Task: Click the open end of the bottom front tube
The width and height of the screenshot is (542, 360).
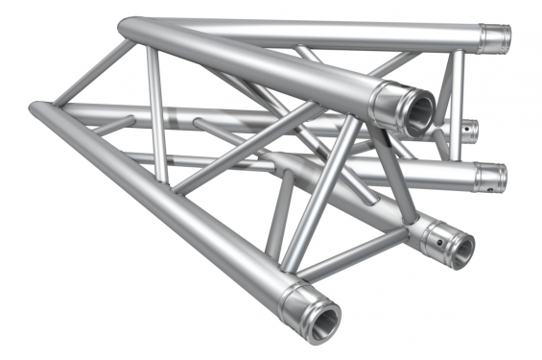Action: [323, 316]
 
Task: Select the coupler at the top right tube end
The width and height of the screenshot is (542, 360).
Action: [494, 38]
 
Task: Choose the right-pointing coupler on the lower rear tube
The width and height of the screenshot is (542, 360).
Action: [488, 177]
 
